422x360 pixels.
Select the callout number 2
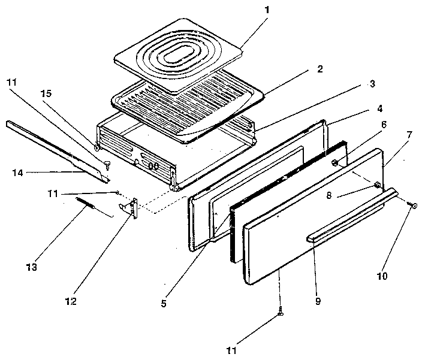tap(319, 69)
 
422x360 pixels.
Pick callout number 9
tap(318, 301)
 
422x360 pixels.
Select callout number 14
tap(17, 173)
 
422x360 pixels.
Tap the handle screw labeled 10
tap(411, 205)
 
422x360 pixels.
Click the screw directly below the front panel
tap(280, 313)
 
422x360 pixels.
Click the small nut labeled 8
tap(378, 185)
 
